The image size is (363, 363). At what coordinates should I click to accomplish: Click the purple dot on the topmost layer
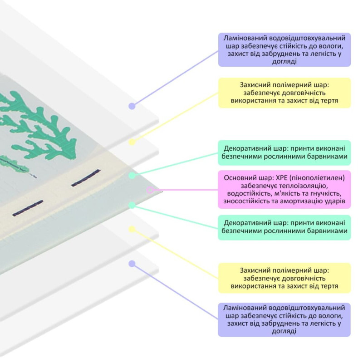(x=132, y=106)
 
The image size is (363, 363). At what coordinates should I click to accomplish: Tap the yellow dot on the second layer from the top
(x=132, y=142)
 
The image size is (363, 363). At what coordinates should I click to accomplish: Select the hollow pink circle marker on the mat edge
(x=150, y=190)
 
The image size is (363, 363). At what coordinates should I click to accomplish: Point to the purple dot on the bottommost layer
(x=132, y=264)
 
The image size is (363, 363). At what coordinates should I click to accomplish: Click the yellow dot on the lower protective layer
(x=132, y=230)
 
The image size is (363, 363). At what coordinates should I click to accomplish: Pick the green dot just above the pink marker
(x=132, y=175)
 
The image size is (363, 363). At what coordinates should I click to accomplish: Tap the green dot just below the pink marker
(x=132, y=205)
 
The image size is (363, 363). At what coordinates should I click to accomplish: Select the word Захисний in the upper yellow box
(x=255, y=85)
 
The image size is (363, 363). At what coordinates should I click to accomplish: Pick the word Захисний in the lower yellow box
(x=255, y=270)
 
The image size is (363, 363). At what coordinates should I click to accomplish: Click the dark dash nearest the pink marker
(x=85, y=178)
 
